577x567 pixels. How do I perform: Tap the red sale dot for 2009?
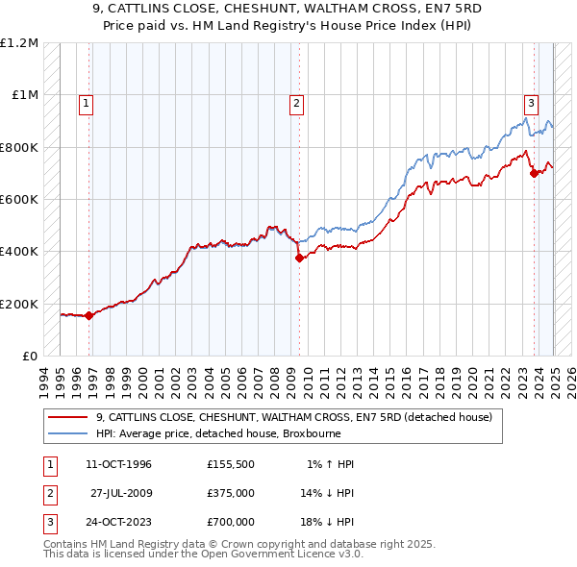coord(299,258)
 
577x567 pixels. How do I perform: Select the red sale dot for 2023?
coord(534,173)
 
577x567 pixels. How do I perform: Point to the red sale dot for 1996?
coord(89,315)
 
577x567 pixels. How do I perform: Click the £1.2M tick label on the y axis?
coord(19,43)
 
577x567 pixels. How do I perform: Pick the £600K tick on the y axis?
coord(19,200)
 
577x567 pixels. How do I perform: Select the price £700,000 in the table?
coord(230,522)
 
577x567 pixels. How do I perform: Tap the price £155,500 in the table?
coord(230,464)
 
